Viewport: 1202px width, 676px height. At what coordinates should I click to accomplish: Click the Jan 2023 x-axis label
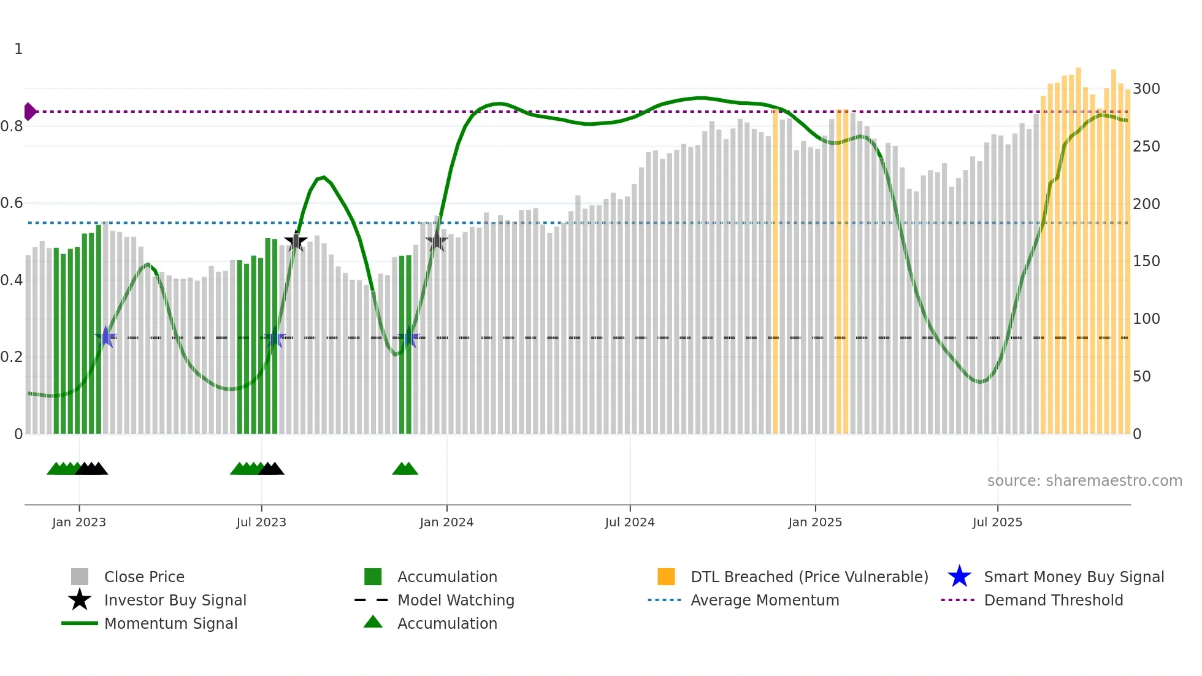(79, 523)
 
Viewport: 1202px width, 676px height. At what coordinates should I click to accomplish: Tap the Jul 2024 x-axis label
(630, 523)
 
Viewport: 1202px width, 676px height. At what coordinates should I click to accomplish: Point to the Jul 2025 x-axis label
(997, 523)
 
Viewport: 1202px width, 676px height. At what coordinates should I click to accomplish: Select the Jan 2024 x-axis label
(446, 523)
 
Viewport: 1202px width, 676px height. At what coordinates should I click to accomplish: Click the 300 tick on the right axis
(1146, 89)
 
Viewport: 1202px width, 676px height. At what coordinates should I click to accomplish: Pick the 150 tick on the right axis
(1146, 261)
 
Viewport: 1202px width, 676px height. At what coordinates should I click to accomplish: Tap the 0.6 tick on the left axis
(12, 203)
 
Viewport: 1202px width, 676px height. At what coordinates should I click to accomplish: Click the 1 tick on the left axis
(18, 49)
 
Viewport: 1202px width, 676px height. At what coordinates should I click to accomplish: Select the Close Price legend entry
(144, 577)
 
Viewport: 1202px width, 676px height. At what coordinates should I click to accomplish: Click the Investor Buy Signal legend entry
(175, 601)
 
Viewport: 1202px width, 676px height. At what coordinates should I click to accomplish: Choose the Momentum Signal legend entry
(170, 624)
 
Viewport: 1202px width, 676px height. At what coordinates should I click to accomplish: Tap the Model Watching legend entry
(456, 601)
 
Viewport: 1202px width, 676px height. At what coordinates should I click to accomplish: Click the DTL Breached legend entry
(809, 577)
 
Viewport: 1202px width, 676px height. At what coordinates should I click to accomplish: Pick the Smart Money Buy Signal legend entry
(1073, 577)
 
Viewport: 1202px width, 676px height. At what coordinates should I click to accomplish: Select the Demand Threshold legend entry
(1053, 601)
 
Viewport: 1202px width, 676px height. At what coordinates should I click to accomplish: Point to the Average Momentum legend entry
(765, 601)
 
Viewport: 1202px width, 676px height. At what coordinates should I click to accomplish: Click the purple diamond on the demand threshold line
(29, 112)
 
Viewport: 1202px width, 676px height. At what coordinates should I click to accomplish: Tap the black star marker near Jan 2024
(437, 242)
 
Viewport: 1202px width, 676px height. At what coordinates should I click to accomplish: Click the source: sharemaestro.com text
(1084, 481)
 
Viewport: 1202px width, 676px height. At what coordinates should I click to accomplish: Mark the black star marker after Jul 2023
(296, 242)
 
